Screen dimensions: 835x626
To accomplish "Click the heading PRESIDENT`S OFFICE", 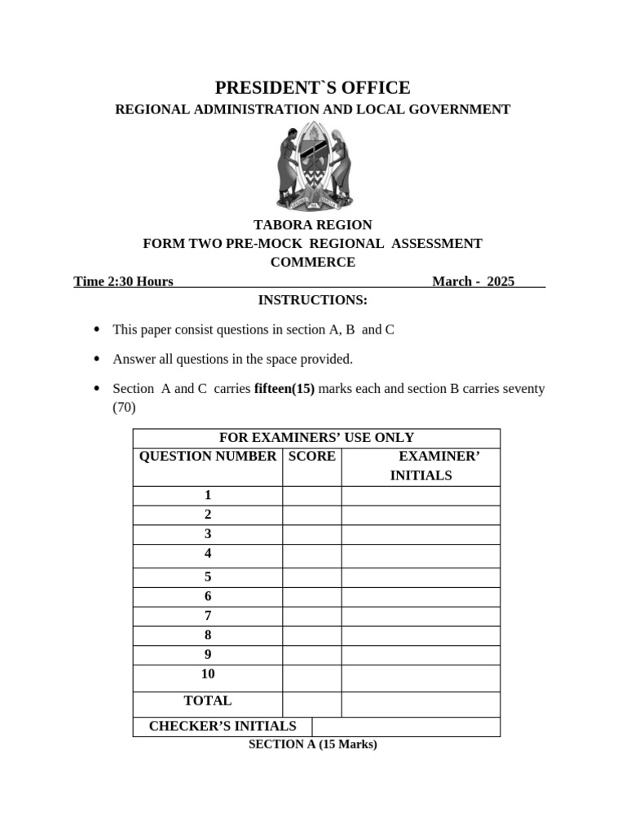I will [x=312, y=88].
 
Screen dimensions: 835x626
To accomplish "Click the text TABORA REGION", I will [x=312, y=225].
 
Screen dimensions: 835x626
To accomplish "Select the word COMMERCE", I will [x=312, y=263].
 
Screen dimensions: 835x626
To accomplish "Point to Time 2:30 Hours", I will [x=123, y=281].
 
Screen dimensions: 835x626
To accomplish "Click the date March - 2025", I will [x=473, y=281].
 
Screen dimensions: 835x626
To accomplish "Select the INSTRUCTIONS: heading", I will [x=312, y=300].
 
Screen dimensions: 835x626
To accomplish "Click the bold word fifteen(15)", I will [x=284, y=388].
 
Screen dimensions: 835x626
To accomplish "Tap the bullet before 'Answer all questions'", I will [x=97, y=359].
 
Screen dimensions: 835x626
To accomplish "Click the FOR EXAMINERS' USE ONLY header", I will [x=316, y=438].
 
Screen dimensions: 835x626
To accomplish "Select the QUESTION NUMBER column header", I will [x=208, y=457].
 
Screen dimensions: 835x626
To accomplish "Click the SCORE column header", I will [x=311, y=457].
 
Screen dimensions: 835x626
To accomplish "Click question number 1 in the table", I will [x=208, y=495].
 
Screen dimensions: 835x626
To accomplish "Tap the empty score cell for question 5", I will [x=311, y=577].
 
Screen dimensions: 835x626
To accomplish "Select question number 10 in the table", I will [x=208, y=674].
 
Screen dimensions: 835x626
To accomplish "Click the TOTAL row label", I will [x=208, y=700].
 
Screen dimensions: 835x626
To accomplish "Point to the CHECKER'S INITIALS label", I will [x=223, y=726].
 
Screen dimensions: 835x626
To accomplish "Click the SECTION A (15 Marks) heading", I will [x=312, y=744].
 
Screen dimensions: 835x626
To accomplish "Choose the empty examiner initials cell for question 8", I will [x=421, y=635].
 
